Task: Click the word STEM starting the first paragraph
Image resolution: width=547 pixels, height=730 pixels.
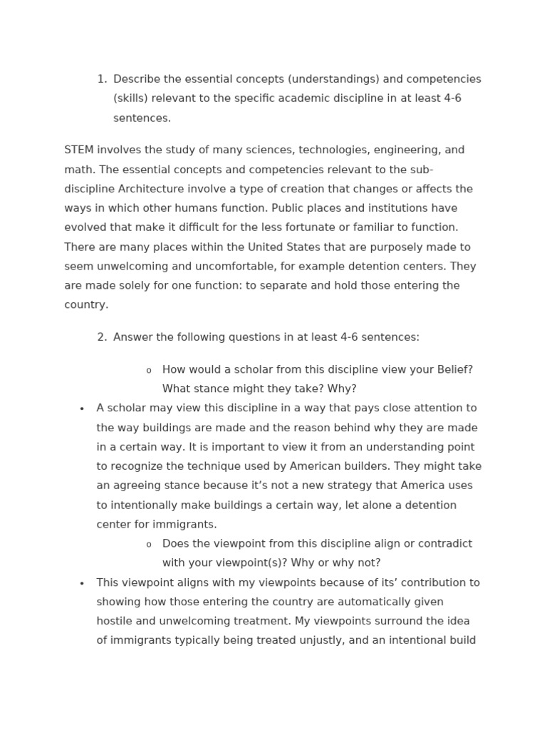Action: click(x=79, y=150)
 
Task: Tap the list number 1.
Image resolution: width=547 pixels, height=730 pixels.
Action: click(x=101, y=79)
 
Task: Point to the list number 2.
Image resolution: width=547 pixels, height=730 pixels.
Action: click(x=101, y=337)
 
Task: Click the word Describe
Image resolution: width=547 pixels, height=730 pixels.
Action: click(x=137, y=79)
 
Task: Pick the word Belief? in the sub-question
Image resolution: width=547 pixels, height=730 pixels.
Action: click(x=454, y=369)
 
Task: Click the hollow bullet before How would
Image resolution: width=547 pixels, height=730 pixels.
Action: click(x=149, y=371)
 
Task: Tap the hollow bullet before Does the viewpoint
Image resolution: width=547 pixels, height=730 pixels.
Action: click(x=149, y=545)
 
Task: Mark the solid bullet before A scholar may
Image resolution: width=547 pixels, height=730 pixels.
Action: click(x=82, y=409)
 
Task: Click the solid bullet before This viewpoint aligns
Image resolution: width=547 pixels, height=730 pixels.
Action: click(x=82, y=584)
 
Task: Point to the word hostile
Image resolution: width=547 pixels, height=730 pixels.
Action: click(x=116, y=621)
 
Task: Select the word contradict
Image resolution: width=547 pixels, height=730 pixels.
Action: click(x=444, y=544)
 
